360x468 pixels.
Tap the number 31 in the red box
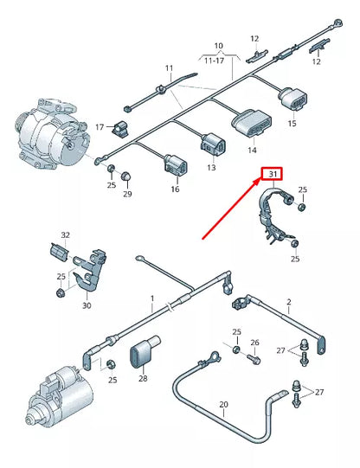click(x=273, y=176)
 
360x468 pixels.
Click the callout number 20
click(x=222, y=405)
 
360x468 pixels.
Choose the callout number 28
click(x=142, y=379)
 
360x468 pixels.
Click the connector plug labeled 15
click(x=291, y=104)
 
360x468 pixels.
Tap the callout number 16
click(x=175, y=189)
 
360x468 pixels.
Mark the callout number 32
click(x=66, y=234)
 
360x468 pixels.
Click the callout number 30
click(x=86, y=305)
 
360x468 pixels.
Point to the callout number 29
click(x=127, y=195)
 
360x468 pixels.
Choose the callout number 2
click(x=288, y=303)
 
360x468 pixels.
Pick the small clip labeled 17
click(x=120, y=131)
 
